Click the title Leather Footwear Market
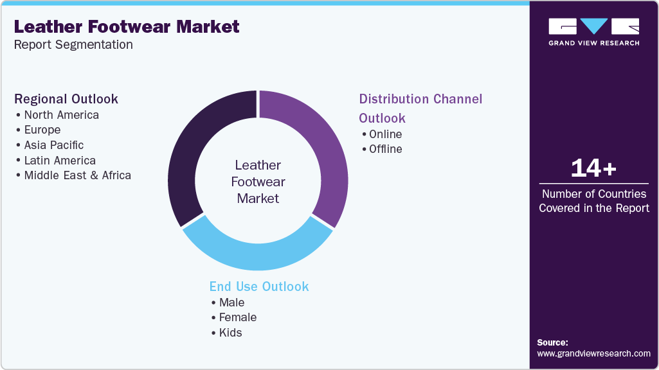[x=127, y=27]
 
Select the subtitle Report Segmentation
[x=73, y=45]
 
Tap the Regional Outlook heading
[x=66, y=99]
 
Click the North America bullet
[x=61, y=115]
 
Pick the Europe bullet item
[x=42, y=130]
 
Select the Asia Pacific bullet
[x=54, y=145]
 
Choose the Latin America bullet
[x=60, y=161]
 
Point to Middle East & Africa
[x=77, y=175]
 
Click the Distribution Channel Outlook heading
[x=420, y=108]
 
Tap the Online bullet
[x=385, y=134]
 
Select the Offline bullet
[x=385, y=149]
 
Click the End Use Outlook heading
[x=259, y=286]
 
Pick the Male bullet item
[x=231, y=302]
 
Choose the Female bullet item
[x=237, y=317]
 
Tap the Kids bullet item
[x=230, y=332]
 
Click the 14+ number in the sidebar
[x=593, y=169]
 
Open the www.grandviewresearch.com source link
[x=593, y=353]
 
